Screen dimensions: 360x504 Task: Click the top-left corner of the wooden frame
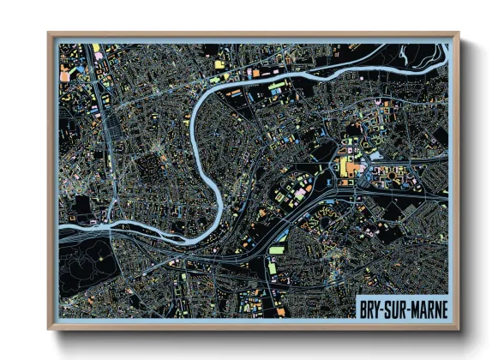point(49,33)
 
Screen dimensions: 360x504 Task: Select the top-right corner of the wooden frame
point(458,33)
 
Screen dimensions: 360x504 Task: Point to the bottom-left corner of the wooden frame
point(49,328)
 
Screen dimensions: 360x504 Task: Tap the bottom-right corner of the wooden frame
point(458,328)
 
